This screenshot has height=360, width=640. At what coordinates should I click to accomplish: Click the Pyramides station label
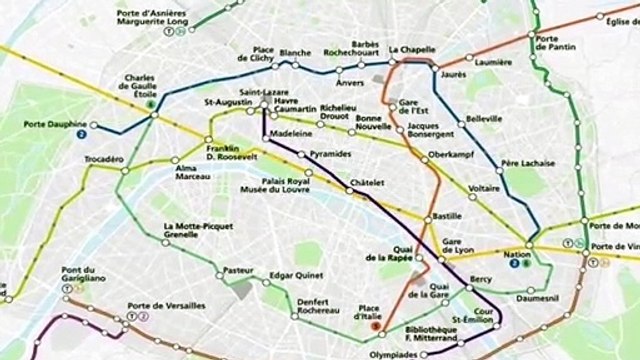click(331, 156)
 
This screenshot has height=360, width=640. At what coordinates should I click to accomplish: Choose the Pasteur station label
click(239, 270)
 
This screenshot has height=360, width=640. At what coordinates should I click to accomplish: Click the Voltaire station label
click(483, 188)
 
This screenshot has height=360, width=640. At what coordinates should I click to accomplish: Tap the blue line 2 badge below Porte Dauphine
click(80, 133)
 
